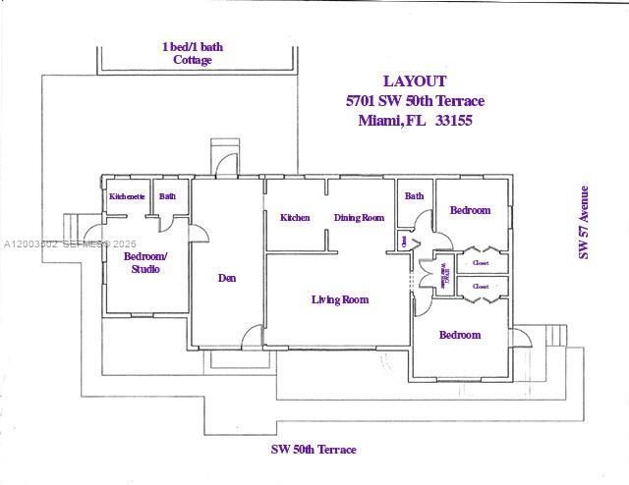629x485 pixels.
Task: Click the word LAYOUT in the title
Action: click(x=415, y=81)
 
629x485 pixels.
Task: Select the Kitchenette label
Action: click(x=127, y=196)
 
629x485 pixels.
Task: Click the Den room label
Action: click(x=227, y=278)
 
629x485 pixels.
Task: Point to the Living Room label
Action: click(x=339, y=299)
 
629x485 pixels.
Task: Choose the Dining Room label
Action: click(x=359, y=218)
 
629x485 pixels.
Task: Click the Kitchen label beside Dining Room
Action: click(x=295, y=218)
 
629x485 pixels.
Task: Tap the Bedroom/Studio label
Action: click(x=145, y=263)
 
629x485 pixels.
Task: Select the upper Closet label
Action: click(x=481, y=263)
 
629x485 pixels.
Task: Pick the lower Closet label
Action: click(x=481, y=287)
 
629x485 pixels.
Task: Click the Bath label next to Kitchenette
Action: click(x=168, y=196)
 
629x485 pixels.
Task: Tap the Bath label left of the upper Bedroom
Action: click(x=414, y=196)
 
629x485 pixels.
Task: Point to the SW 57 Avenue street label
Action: click(x=583, y=222)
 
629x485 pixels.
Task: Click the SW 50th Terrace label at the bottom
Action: click(x=314, y=450)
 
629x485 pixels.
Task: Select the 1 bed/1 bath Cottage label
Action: click(x=193, y=53)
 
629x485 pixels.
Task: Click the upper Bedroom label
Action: click(x=470, y=210)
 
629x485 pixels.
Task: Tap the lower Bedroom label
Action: click(x=459, y=335)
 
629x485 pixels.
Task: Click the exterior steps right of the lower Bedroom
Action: click(x=553, y=337)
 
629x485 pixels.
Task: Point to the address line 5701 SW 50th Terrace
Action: click(x=415, y=101)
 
